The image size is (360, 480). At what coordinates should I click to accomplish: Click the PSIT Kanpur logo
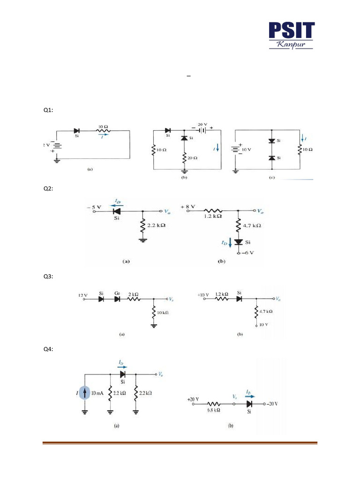(x=291, y=36)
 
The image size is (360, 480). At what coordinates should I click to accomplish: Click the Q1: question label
(x=48, y=110)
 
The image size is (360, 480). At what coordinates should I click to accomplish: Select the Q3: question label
(x=48, y=277)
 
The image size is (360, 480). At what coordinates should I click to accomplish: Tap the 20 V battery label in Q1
(x=203, y=125)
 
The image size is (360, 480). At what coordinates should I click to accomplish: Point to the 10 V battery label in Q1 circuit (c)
(x=247, y=149)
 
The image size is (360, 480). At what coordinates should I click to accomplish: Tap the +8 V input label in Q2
(x=188, y=207)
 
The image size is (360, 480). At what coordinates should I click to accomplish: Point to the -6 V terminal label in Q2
(x=248, y=253)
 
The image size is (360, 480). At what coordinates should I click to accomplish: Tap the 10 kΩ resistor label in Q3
(x=163, y=312)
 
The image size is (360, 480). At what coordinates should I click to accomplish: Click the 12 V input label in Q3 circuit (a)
(x=83, y=296)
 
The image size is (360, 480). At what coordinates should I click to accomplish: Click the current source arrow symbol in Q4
(x=85, y=393)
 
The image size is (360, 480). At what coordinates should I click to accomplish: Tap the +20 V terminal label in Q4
(x=193, y=399)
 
